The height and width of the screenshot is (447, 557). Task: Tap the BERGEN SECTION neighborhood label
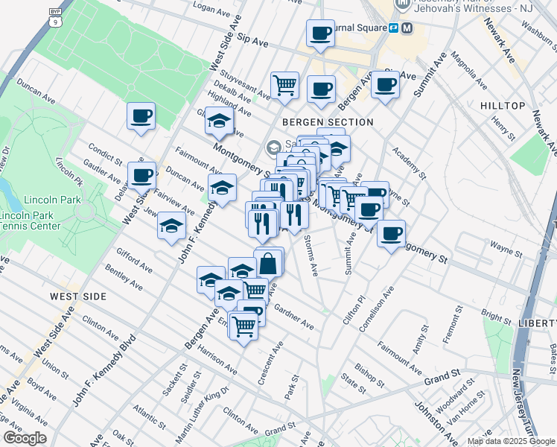[x=327, y=122]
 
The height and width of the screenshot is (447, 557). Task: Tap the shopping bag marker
[x=268, y=263]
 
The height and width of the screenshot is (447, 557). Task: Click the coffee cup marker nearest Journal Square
[x=320, y=34]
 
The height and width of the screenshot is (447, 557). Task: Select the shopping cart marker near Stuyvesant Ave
[x=284, y=86]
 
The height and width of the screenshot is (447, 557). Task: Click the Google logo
[x=25, y=437]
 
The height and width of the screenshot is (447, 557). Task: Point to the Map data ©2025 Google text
[x=511, y=441]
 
